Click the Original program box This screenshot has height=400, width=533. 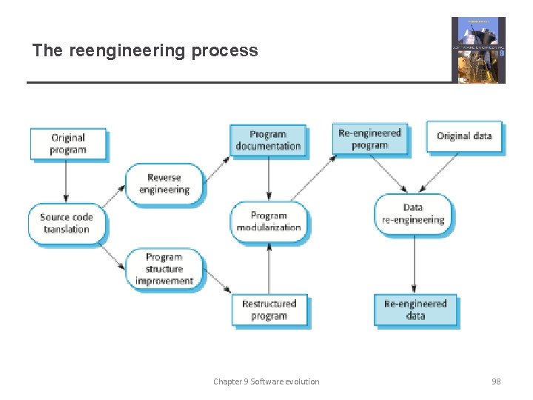68,144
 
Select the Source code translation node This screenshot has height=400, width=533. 66,223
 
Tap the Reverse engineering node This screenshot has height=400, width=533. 164,184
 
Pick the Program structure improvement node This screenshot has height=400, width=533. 164,270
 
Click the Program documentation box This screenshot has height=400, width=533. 268,140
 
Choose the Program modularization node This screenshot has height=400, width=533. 268,221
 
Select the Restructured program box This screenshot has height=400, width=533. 269,310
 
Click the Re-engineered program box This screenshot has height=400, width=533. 369,139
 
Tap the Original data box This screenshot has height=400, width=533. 464,137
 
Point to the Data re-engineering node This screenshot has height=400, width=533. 413,214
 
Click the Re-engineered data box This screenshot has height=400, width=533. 415,310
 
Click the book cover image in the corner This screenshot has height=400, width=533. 478,50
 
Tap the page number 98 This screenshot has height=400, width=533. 496,381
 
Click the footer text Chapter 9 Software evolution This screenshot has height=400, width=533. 266,381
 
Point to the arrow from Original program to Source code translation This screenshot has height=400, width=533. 66,181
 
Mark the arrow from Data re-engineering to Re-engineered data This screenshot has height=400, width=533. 414,263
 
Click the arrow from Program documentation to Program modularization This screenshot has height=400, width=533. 269,179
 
